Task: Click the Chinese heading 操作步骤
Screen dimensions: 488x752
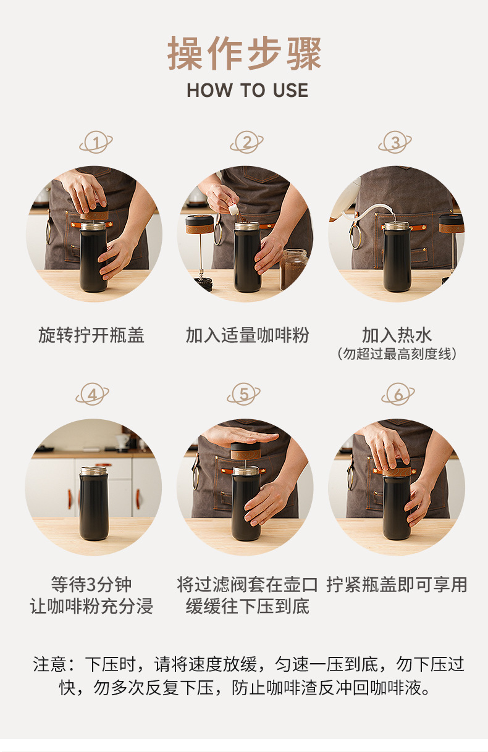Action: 244,53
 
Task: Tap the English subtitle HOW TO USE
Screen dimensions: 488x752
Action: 248,90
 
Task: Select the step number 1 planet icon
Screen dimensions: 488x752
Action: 96,143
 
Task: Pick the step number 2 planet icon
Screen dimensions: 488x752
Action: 246,143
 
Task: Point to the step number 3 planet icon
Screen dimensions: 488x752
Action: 395,143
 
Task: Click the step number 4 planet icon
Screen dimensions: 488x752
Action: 93,394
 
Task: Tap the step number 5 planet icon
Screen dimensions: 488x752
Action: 243,394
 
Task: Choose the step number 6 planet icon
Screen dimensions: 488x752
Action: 398,394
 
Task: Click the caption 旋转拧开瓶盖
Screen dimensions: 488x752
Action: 91,335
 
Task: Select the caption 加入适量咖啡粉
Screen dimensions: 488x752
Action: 247,335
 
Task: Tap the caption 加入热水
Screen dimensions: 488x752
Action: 397,335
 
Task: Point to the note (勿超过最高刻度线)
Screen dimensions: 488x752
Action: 397,354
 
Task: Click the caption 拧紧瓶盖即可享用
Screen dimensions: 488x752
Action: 397,585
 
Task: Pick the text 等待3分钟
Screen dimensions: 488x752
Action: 91,585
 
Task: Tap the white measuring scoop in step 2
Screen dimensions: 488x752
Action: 234,210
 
